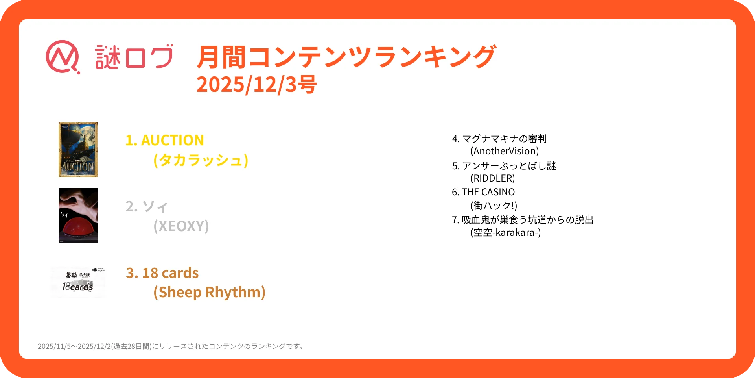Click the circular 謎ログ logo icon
(x=63, y=57)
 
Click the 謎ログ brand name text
(x=134, y=57)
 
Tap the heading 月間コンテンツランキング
(x=346, y=57)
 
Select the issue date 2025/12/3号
(x=256, y=84)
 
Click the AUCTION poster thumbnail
(x=78, y=150)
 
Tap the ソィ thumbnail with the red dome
(x=78, y=216)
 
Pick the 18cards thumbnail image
(x=78, y=282)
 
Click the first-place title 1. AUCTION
(x=164, y=140)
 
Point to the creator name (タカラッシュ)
(x=201, y=160)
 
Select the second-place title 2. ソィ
(x=147, y=206)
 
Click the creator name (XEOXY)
(x=181, y=226)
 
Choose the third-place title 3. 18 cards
(x=162, y=273)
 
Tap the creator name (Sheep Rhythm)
(x=209, y=292)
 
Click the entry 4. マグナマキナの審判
(x=499, y=139)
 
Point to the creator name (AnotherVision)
(x=505, y=151)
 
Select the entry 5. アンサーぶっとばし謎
(x=504, y=166)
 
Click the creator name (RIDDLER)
(x=492, y=178)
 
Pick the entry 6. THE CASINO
(x=483, y=192)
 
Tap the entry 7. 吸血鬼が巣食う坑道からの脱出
(x=522, y=220)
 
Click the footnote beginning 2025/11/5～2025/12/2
(x=171, y=346)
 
